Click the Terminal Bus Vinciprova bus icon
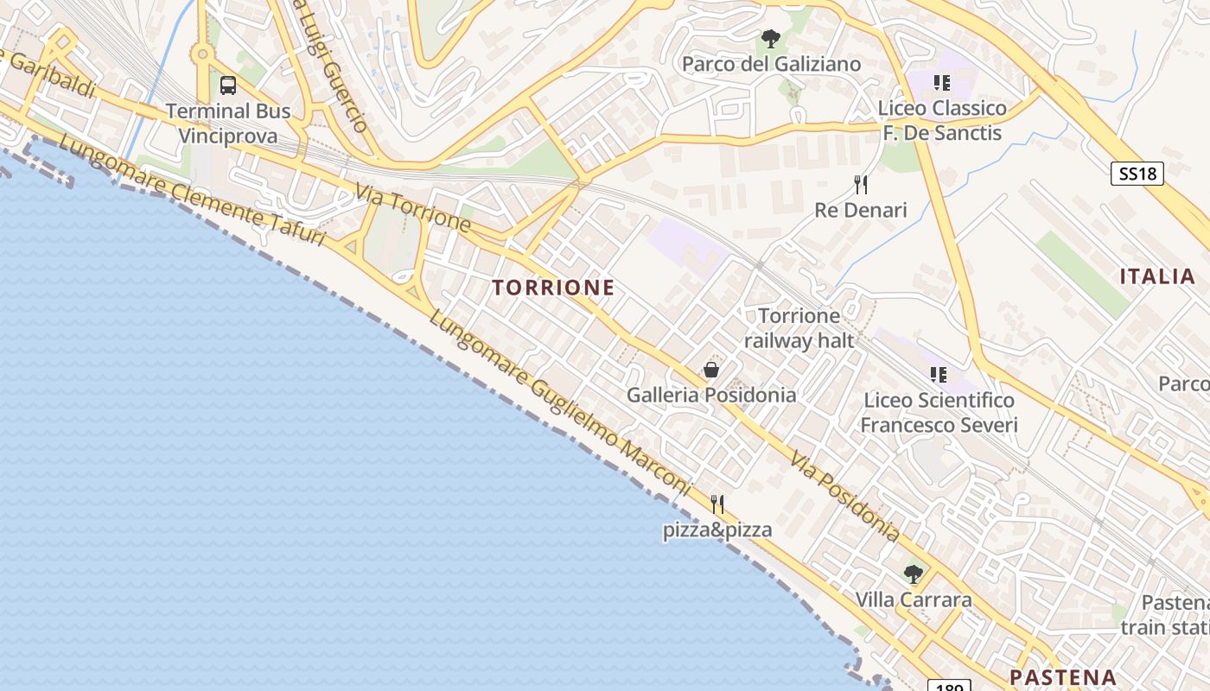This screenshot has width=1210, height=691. click(x=228, y=86)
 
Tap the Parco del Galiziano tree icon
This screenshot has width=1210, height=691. click(x=771, y=39)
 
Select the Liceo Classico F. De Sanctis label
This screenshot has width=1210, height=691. click(x=941, y=120)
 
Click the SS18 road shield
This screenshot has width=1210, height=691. click(x=1137, y=174)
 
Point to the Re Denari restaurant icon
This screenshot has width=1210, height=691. click(x=861, y=185)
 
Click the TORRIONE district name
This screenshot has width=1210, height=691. click(x=554, y=288)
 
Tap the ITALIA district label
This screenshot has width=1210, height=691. click(x=1157, y=276)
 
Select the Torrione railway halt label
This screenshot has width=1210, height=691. click(x=799, y=328)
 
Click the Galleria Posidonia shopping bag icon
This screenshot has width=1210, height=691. click(x=711, y=371)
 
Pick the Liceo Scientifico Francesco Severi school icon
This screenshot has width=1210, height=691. click(x=939, y=375)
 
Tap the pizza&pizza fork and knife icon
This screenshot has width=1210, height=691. click(x=717, y=504)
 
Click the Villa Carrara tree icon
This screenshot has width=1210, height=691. click(x=914, y=574)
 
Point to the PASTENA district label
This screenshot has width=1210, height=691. click(x=1062, y=676)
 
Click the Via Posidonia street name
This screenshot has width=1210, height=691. click(x=845, y=498)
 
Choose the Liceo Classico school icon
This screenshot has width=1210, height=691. click(x=942, y=83)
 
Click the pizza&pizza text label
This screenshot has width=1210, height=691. click(x=717, y=529)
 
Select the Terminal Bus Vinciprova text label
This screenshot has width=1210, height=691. click(x=228, y=124)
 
